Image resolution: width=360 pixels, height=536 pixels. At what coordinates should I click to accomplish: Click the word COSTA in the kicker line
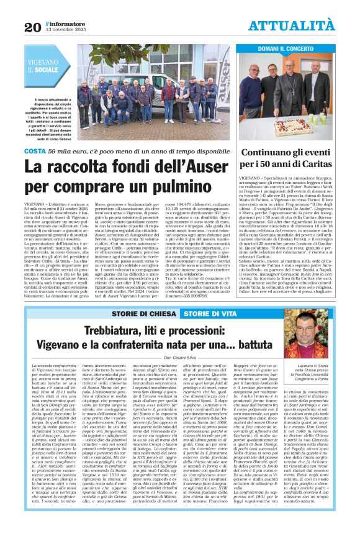[35, 151]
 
